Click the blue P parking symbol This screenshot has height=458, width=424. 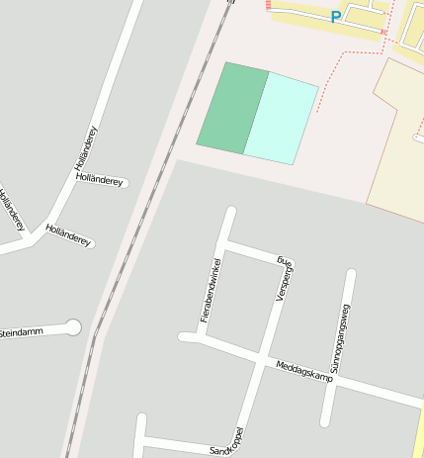click(336, 16)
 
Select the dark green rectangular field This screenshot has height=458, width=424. click(232, 108)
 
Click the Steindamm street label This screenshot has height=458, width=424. click(22, 332)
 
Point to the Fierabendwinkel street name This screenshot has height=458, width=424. click(209, 289)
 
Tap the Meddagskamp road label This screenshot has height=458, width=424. click(303, 371)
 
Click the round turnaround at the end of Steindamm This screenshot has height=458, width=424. click(72, 326)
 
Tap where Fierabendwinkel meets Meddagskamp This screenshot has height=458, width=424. click(202, 340)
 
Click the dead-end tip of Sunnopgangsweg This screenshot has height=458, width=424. click(350, 274)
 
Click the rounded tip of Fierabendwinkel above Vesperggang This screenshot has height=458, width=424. click(232, 211)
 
